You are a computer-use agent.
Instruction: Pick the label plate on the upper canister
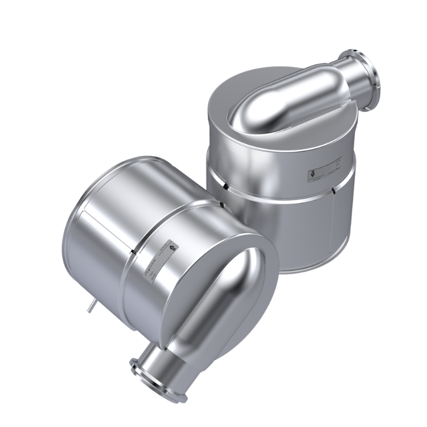(322, 171)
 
